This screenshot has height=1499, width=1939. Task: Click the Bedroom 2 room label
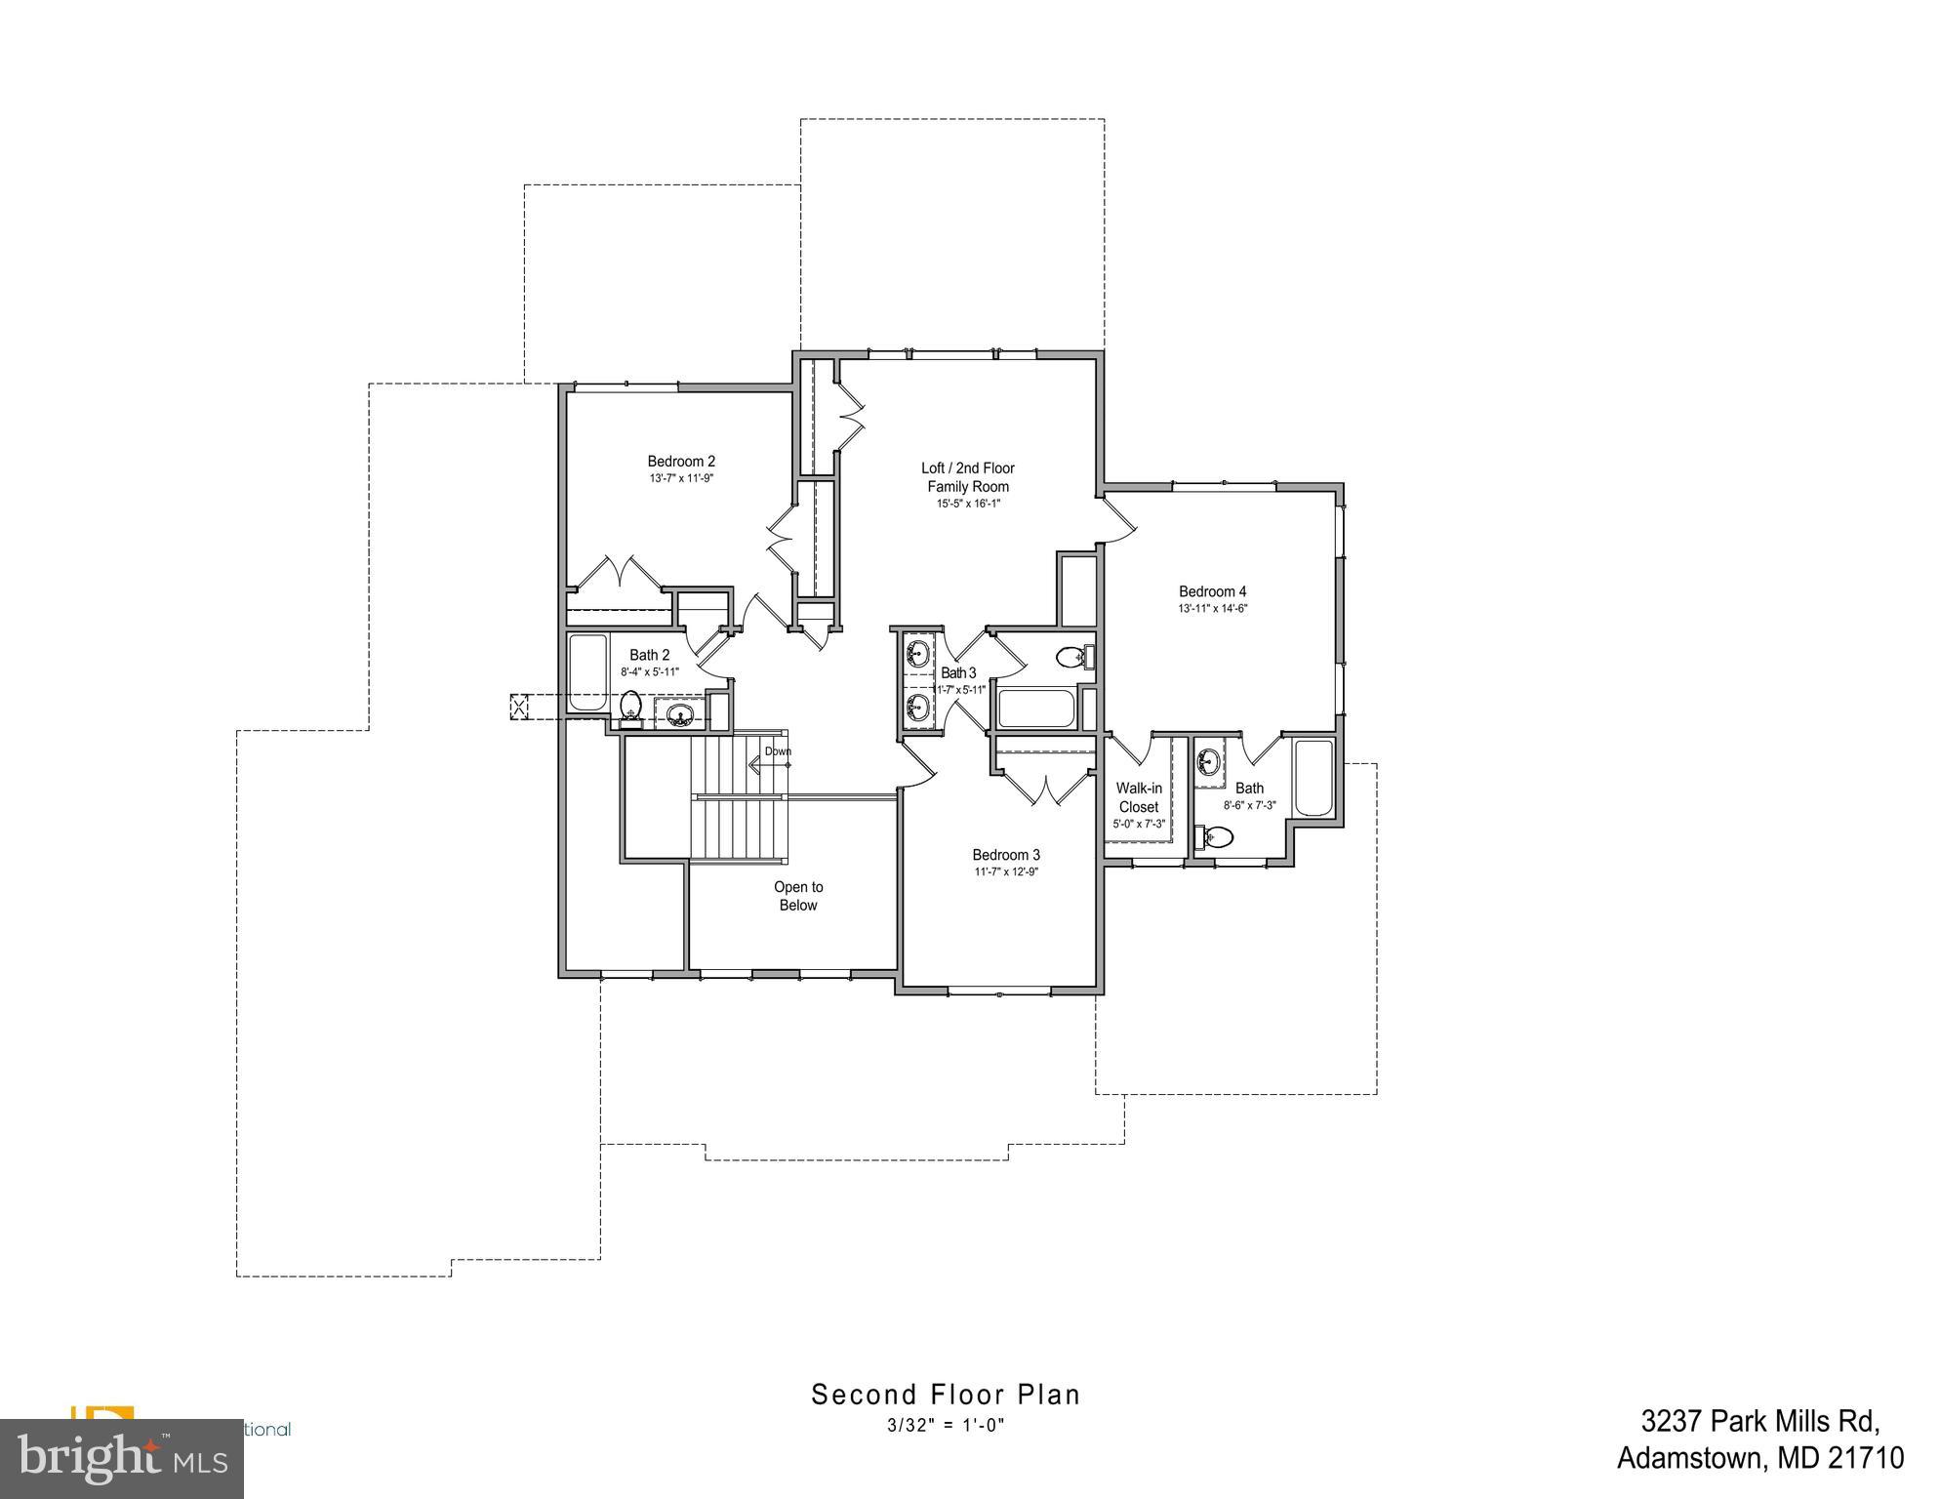point(681,462)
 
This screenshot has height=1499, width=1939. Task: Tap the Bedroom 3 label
point(1005,855)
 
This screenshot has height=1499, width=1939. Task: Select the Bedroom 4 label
point(1212,591)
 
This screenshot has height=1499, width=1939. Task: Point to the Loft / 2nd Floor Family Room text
point(968,477)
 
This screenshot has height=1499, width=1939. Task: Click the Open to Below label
point(798,896)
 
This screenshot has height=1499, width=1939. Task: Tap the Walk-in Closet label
point(1139,797)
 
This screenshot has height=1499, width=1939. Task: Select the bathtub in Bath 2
point(586,673)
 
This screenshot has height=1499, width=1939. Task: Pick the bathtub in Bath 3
point(1035,709)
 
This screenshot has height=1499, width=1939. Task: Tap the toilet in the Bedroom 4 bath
point(1216,836)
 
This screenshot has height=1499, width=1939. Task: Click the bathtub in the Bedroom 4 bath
point(1313,779)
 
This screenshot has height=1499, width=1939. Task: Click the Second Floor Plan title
point(946,1395)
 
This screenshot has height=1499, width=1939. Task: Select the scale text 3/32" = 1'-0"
point(946,1426)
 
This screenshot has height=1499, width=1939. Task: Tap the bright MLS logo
point(122,1459)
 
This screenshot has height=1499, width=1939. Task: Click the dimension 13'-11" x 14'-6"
point(1212,609)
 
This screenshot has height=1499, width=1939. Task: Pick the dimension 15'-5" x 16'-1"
point(968,505)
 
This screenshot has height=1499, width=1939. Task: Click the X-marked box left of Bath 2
point(518,707)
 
